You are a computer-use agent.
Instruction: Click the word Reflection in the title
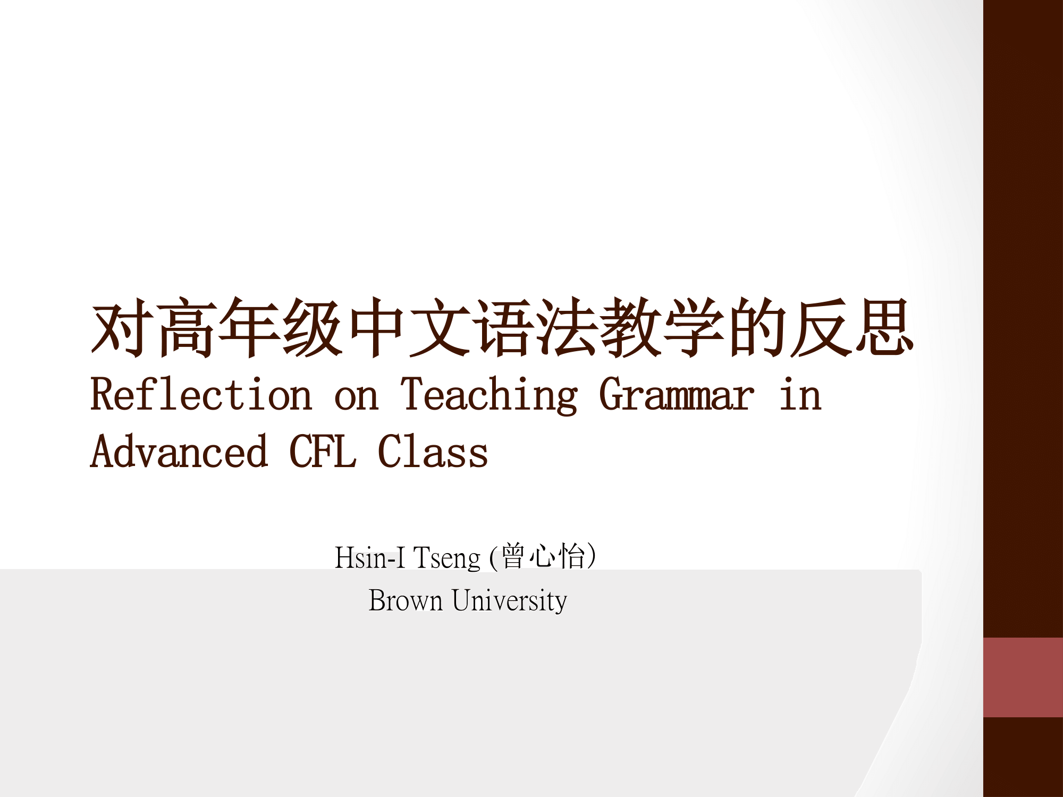[201, 394]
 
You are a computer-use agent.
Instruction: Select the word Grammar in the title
[677, 394]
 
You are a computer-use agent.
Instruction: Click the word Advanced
[179, 451]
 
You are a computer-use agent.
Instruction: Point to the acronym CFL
[323, 451]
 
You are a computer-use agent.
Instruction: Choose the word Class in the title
[433, 451]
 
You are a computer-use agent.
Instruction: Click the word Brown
[406, 600]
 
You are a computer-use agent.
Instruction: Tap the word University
[509, 601]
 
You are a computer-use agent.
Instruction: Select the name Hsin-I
[370, 558]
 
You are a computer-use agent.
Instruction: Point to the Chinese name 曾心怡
[543, 556]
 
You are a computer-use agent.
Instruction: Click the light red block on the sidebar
[1023, 677]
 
